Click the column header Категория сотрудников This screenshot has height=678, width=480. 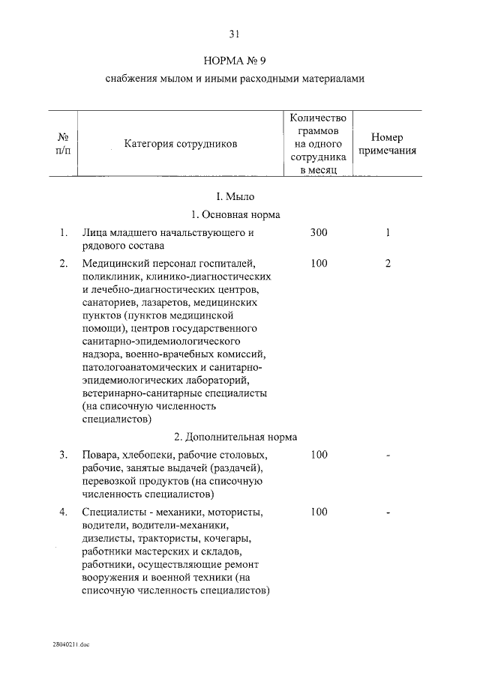click(x=180, y=143)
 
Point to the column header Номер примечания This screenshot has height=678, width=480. click(x=387, y=144)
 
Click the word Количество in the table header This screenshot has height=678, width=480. click(x=318, y=118)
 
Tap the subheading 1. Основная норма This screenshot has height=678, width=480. click(x=235, y=214)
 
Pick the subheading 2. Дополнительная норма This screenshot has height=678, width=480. click(x=235, y=437)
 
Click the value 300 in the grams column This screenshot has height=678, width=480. click(x=318, y=233)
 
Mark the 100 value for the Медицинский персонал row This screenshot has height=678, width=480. click(x=318, y=264)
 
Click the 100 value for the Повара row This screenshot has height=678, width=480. click(x=318, y=455)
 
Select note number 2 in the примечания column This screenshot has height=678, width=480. click(x=388, y=264)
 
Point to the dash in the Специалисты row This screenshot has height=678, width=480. click(x=388, y=512)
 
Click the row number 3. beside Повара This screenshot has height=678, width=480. click(x=64, y=455)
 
